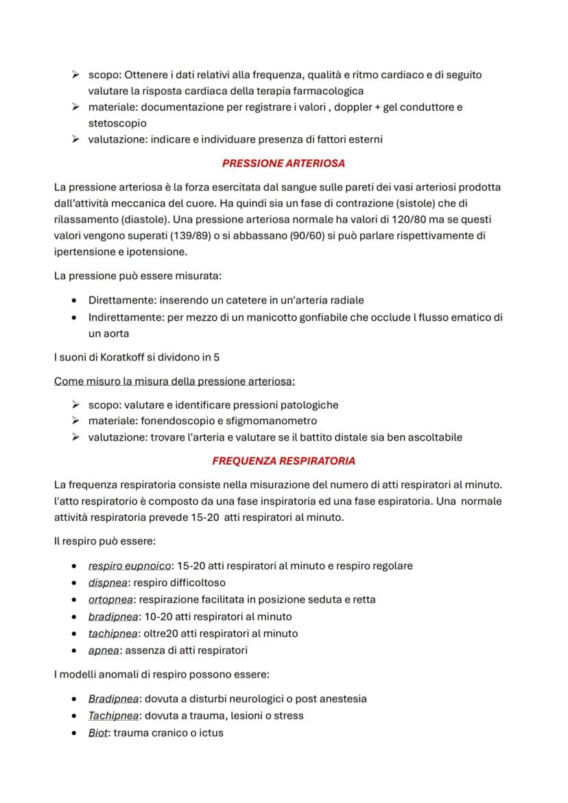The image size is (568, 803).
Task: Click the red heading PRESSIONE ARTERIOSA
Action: tap(283, 163)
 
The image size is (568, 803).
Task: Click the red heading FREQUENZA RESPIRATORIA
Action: tap(283, 461)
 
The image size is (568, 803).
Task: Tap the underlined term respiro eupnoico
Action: tap(129, 566)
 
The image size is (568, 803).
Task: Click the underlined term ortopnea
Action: tap(110, 600)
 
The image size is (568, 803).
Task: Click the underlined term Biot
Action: tap(98, 733)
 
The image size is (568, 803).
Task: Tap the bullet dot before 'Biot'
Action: tap(73, 733)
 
